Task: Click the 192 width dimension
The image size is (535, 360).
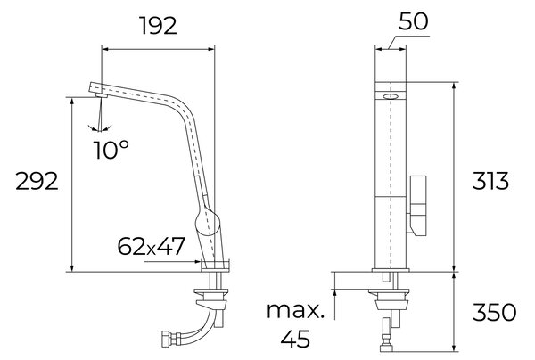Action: [x=159, y=26]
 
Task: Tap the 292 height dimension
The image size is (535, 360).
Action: [x=37, y=182]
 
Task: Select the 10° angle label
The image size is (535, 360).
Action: [x=111, y=150]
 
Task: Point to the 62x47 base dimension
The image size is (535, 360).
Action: [x=151, y=246]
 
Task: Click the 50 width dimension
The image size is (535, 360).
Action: [x=413, y=21]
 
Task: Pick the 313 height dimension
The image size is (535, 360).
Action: [x=490, y=181]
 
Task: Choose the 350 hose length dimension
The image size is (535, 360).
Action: [x=494, y=312]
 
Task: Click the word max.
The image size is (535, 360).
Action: [x=295, y=311]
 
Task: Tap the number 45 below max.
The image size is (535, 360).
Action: [x=295, y=339]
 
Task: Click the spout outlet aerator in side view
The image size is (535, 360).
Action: [x=102, y=95]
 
